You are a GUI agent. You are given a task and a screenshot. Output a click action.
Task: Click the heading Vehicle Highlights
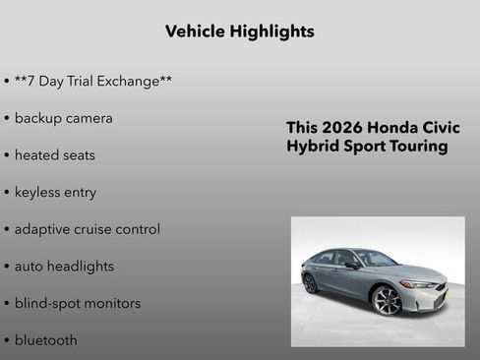tap(240, 31)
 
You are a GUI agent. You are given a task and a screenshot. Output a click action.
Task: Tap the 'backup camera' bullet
tap(63, 118)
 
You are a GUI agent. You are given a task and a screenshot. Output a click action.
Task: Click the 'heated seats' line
tap(54, 155)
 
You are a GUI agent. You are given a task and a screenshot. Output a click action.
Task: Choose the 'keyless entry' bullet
tap(55, 192)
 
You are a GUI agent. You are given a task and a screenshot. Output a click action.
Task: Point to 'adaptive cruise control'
tap(87, 229)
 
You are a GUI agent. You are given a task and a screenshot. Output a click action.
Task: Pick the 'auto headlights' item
tap(64, 266)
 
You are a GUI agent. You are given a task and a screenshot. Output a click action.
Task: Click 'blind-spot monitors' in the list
tap(77, 303)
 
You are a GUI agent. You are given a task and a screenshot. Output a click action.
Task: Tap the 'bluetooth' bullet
tap(45, 340)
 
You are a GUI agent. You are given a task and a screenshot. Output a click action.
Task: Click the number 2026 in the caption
tap(344, 128)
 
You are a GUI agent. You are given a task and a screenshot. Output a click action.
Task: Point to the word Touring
tap(417, 147)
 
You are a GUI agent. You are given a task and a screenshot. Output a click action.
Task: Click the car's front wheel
tap(388, 300)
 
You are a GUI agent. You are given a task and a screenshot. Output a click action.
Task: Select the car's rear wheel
tap(311, 283)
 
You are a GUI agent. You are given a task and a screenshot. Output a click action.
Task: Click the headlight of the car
tap(421, 284)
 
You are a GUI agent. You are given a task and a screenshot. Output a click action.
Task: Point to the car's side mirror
tap(351, 266)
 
